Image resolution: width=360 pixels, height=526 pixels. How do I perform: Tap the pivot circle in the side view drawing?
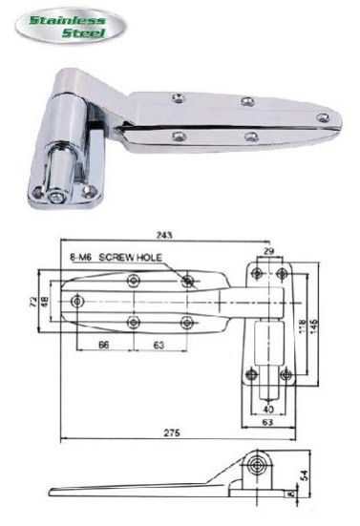[256, 465]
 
